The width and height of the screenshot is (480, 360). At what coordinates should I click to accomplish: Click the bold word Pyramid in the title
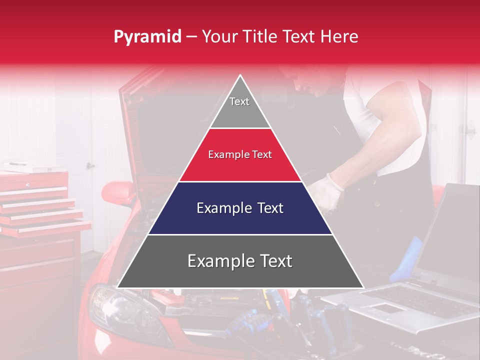tap(147, 37)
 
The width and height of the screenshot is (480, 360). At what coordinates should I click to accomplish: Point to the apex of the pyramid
tap(240, 76)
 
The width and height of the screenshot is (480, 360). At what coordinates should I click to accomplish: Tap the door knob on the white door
tap(89, 165)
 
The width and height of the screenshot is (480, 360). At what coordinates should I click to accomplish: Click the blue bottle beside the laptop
tap(407, 260)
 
